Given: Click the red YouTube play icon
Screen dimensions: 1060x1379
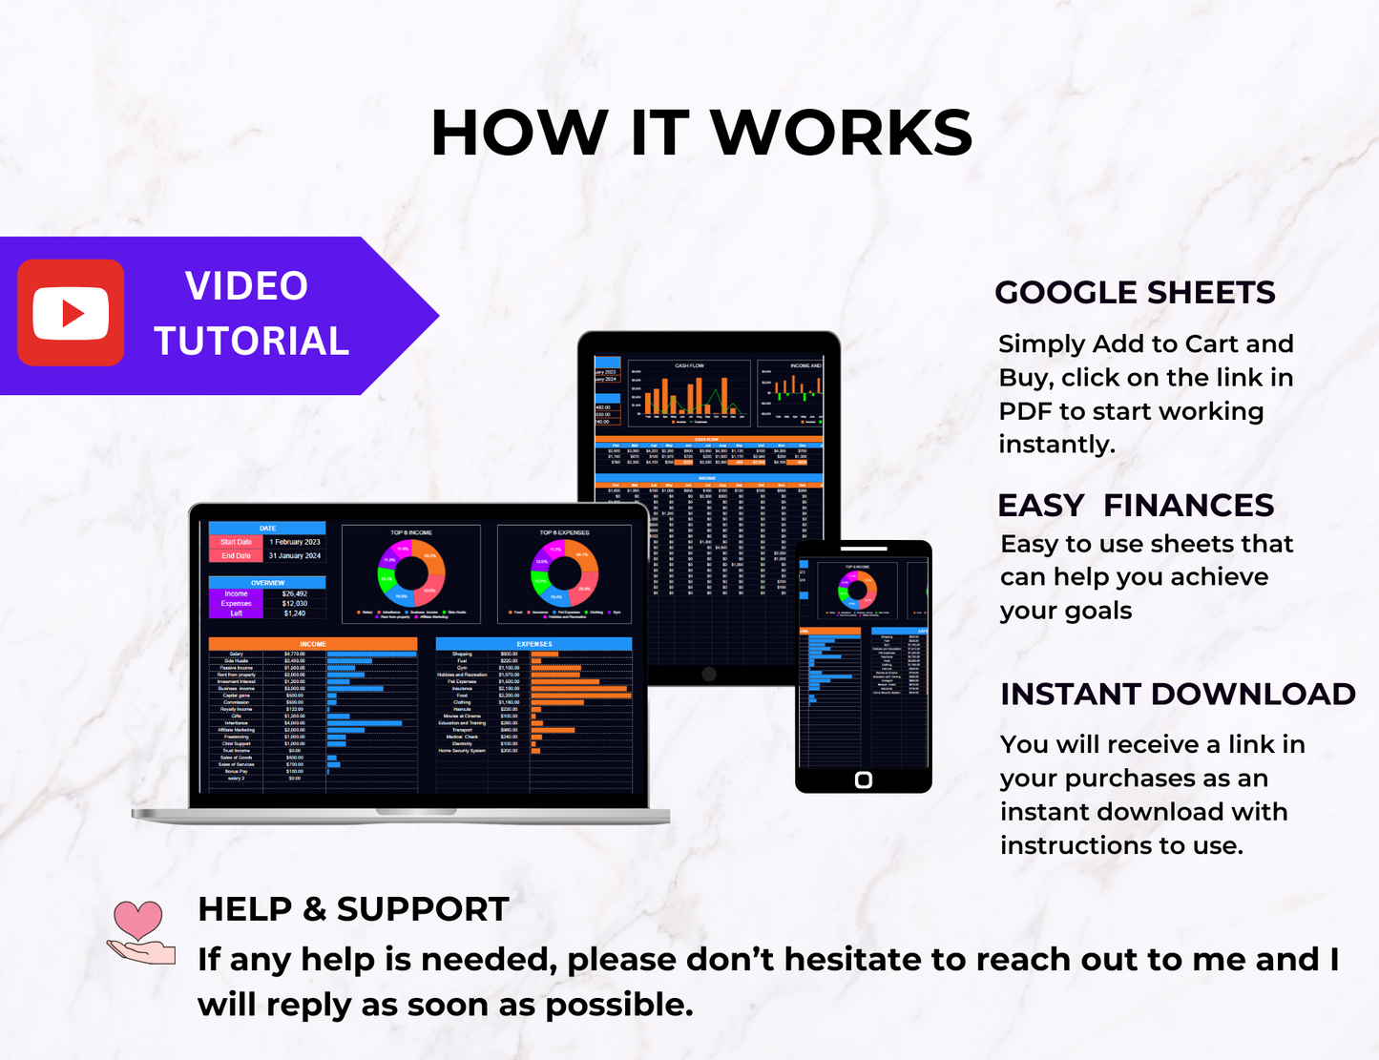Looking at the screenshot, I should coord(71,313).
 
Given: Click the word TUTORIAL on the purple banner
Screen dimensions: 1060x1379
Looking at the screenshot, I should coord(252,342).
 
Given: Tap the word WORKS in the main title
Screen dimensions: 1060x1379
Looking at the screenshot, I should coord(842,134).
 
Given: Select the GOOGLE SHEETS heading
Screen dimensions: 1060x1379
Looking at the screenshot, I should coord(1135,293).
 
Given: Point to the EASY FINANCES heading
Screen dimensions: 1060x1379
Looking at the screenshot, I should coord(1136,506).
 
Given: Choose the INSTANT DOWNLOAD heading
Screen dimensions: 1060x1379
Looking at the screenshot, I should coord(1178,695).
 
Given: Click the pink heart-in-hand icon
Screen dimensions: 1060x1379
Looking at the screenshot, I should coord(140,932).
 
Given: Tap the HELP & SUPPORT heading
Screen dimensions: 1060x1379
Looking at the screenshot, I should coord(353,909).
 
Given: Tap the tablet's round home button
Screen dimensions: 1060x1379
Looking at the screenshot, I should coord(708,674).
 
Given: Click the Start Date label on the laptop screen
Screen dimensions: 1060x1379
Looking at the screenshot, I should coord(236,542).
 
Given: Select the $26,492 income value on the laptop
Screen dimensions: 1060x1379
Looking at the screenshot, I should coord(294,593).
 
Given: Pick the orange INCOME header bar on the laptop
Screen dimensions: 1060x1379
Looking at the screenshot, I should coord(313,644).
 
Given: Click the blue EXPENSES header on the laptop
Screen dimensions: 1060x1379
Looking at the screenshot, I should coord(534,644).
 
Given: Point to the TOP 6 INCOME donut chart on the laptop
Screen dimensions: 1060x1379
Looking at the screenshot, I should coord(411,573).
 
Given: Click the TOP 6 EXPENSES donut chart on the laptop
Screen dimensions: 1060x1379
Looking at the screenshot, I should coord(564,573).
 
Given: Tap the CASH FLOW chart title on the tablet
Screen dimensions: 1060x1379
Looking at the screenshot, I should coord(689,365).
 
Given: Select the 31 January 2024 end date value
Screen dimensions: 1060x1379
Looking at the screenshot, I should coord(294,555).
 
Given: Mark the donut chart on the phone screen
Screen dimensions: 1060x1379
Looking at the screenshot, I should coord(857,590).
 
